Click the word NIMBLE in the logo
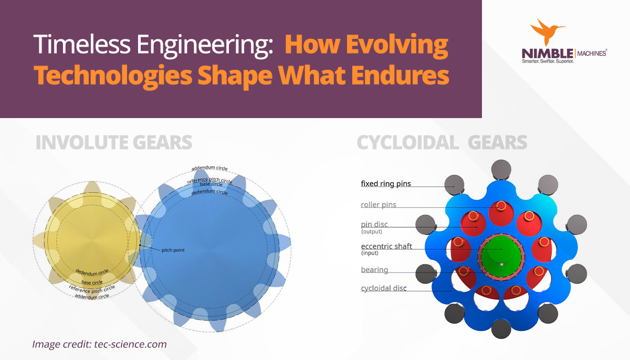[x=547, y=54]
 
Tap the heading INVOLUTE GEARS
[x=114, y=142]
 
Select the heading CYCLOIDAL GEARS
[x=442, y=142]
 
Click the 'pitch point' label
[x=173, y=250]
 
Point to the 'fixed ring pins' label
[x=386, y=184]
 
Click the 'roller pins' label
[x=379, y=205]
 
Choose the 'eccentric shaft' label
[x=386, y=246]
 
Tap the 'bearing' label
[x=375, y=270]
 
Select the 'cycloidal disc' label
[x=384, y=288]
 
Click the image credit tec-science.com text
[x=99, y=344]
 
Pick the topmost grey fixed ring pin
[x=501, y=170]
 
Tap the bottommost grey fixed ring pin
[x=501, y=329]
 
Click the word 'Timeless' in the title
[x=82, y=44]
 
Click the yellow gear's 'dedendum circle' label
[x=92, y=272]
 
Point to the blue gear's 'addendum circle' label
[x=209, y=168]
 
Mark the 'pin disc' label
[x=374, y=224]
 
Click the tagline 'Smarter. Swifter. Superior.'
[x=548, y=61]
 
